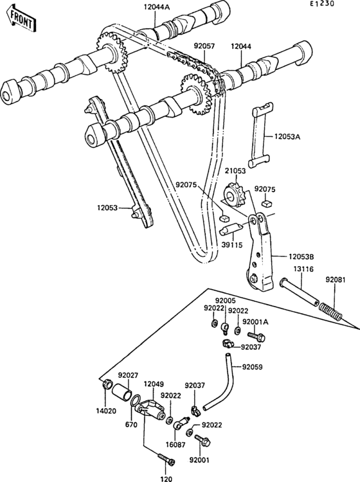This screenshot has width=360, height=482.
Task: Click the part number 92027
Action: click(127, 375)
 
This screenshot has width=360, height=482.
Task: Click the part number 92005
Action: click(225, 300)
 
